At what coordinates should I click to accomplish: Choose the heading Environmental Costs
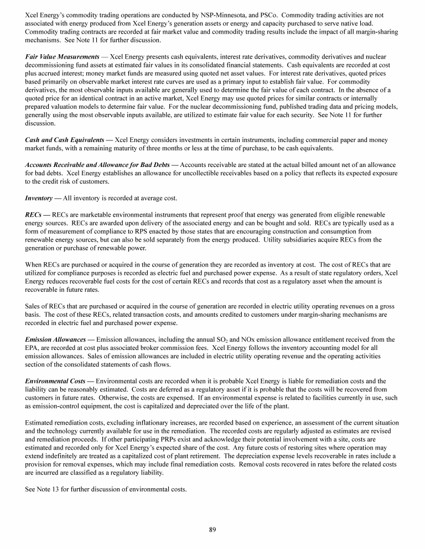point(56,381)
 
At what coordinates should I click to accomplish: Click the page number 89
point(212,529)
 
